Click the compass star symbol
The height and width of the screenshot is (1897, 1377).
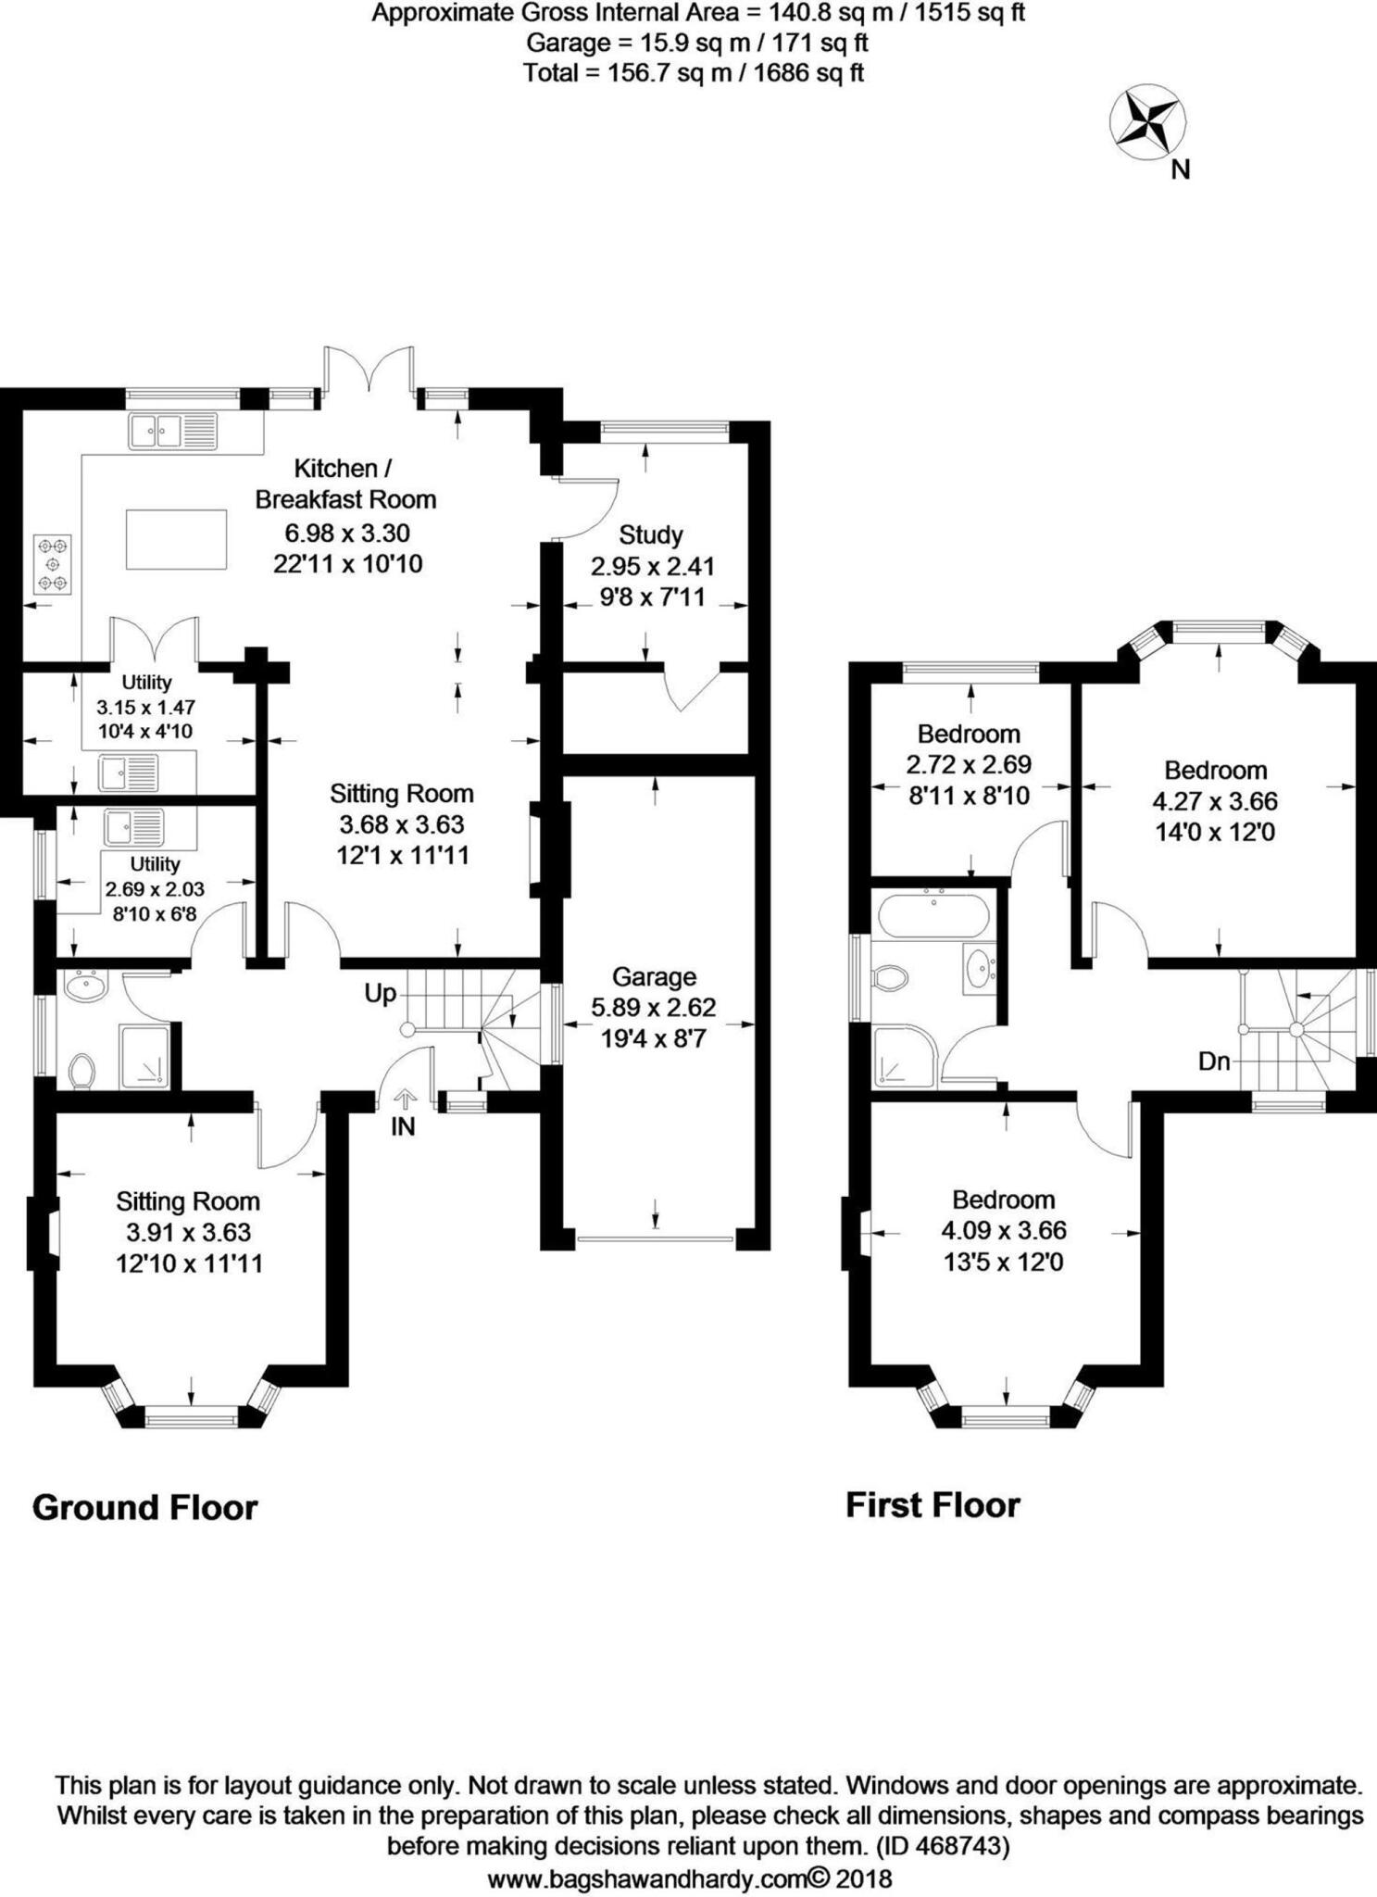click(x=1148, y=121)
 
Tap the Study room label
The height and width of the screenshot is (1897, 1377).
click(x=651, y=534)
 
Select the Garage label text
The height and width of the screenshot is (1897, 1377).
click(x=654, y=976)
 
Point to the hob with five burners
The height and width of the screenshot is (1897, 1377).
click(x=52, y=563)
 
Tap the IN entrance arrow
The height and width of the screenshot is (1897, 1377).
click(x=404, y=1099)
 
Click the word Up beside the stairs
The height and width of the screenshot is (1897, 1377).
click(x=380, y=994)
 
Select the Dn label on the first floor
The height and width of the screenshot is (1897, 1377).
click(x=1213, y=1062)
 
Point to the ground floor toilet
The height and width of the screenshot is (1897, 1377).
click(x=81, y=1072)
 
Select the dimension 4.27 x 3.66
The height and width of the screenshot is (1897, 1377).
click(x=1215, y=801)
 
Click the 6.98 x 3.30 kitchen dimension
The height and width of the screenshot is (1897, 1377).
click(x=347, y=533)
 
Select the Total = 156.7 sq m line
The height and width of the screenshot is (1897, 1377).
click(x=693, y=72)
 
